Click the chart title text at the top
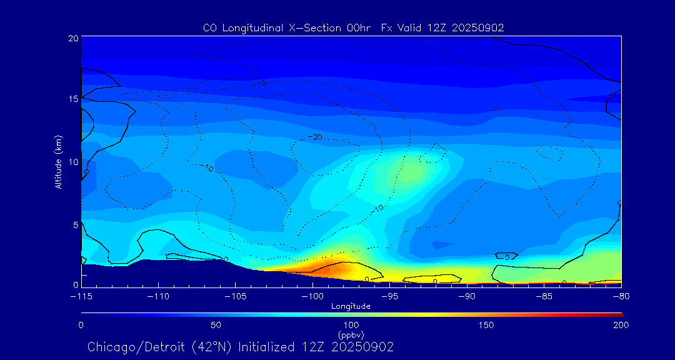[x=353, y=27]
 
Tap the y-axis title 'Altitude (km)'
[x=59, y=162]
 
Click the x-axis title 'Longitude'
[x=351, y=306]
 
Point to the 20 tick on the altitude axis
[x=73, y=38]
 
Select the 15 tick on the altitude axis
[x=73, y=99]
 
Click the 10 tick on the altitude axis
[x=73, y=162]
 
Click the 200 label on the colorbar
[x=621, y=325]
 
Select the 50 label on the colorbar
[x=216, y=325]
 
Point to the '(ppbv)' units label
[x=351, y=335]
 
